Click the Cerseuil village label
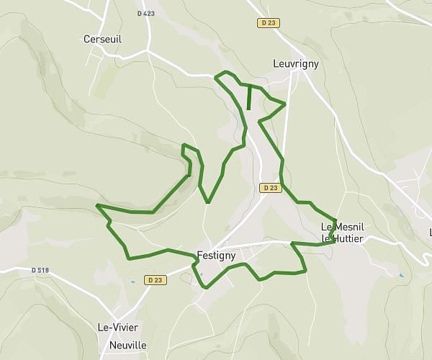pos(102,39)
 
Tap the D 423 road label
pos(145,13)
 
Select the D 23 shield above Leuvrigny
pos(269,22)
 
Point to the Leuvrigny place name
pos(295,63)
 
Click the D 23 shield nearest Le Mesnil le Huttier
pos(270,188)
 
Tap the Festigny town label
pos(215,254)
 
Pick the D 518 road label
pos(40,270)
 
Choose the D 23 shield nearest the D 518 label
pos(155,279)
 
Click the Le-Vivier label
pos(117,327)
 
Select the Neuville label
pos(127,345)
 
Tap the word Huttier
pos(347,238)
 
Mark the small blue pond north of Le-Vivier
pos(132,281)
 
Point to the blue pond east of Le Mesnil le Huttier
pos(401,275)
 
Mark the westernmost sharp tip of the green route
pos(96,205)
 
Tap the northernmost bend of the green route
pos(228,72)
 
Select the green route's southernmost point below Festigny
pos(207,287)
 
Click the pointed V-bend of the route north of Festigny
pos(207,202)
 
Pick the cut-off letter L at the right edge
pos(430,232)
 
